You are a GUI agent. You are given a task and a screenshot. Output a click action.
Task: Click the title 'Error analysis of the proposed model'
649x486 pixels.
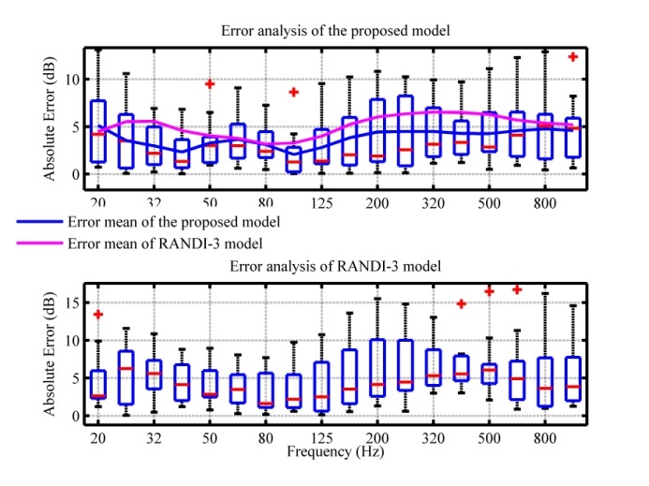(x=336, y=30)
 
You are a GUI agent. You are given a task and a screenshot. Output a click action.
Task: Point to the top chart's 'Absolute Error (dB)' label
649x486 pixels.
(x=48, y=117)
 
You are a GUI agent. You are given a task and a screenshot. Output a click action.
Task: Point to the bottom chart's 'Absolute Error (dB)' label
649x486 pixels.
(x=48, y=353)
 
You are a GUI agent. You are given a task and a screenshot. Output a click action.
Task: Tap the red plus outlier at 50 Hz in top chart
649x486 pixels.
(x=210, y=84)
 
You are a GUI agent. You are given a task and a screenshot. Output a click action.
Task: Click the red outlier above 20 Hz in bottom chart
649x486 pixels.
(x=97, y=315)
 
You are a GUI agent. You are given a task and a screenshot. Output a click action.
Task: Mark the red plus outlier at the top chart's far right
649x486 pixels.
(x=573, y=57)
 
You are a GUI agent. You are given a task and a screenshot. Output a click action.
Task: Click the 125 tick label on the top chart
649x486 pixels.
(x=321, y=200)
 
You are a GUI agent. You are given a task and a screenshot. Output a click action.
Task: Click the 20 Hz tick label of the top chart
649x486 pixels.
(x=96, y=200)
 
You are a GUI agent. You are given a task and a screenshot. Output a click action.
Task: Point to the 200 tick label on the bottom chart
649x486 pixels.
(x=377, y=437)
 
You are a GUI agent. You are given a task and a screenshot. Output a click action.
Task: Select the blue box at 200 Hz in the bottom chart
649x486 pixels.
(x=377, y=368)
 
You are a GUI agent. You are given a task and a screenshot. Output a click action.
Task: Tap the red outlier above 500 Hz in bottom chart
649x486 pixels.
(x=489, y=292)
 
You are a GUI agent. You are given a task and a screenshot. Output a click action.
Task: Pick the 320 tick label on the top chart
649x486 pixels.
(x=434, y=200)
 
